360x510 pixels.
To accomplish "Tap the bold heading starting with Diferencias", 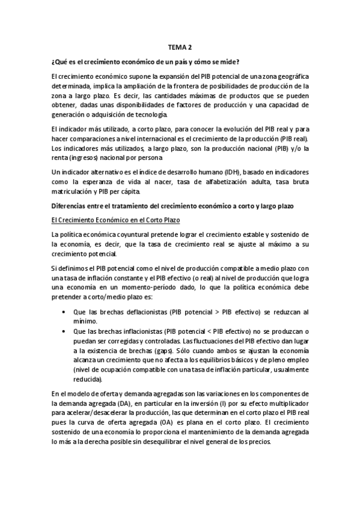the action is (173, 206).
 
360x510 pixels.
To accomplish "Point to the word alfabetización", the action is (201, 182).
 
